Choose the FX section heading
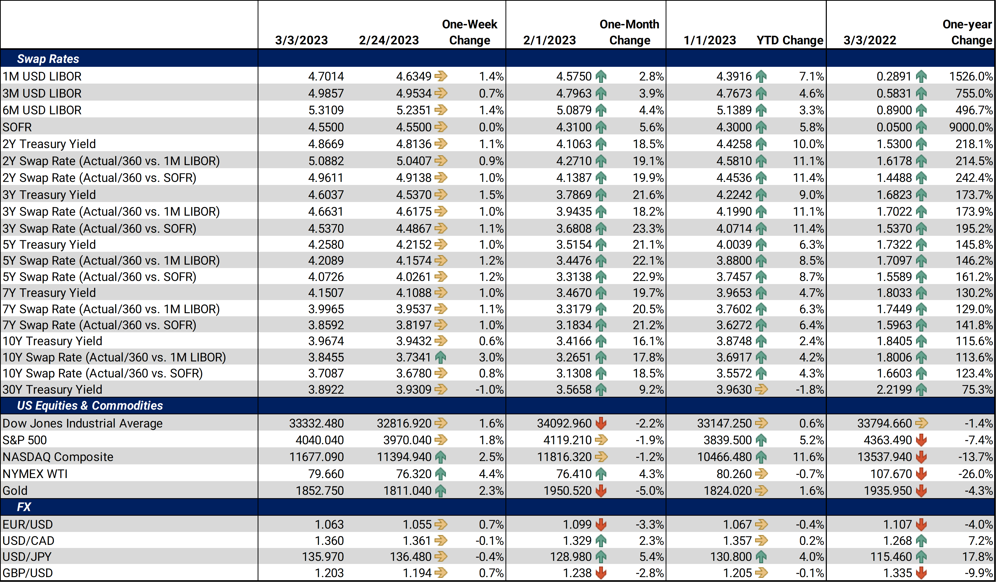click(24, 507)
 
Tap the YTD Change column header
click(790, 40)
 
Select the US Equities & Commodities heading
click(90, 405)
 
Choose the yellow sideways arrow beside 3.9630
click(761, 390)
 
